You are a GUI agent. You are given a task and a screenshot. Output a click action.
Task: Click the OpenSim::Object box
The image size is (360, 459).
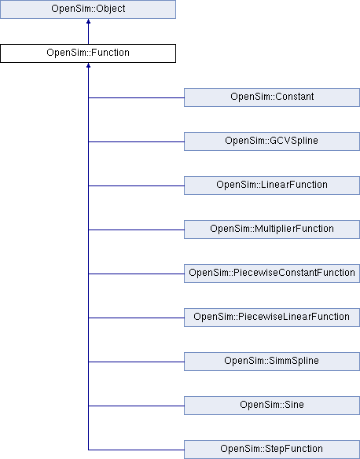[x=87, y=9]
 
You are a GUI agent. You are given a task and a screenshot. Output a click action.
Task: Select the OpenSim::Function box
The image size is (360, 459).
[x=87, y=53]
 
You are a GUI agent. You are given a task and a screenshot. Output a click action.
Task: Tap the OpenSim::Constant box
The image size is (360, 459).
[x=271, y=97]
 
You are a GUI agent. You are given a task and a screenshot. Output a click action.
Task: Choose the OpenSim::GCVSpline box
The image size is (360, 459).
[x=271, y=141]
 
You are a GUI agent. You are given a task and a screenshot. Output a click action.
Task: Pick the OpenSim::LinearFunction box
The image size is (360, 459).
[x=271, y=185]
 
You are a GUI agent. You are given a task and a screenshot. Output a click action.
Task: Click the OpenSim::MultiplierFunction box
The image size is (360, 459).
[x=271, y=229]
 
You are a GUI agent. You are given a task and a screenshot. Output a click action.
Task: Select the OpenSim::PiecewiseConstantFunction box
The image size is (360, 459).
[x=271, y=274]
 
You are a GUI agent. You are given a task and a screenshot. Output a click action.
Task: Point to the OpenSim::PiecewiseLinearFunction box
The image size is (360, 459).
[x=271, y=318]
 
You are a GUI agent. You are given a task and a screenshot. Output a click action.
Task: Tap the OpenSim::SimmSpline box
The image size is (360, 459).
[x=271, y=362]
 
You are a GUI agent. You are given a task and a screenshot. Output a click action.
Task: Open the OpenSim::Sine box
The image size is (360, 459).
[x=271, y=406]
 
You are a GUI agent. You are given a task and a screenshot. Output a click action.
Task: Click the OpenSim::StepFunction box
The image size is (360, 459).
[x=271, y=450]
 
